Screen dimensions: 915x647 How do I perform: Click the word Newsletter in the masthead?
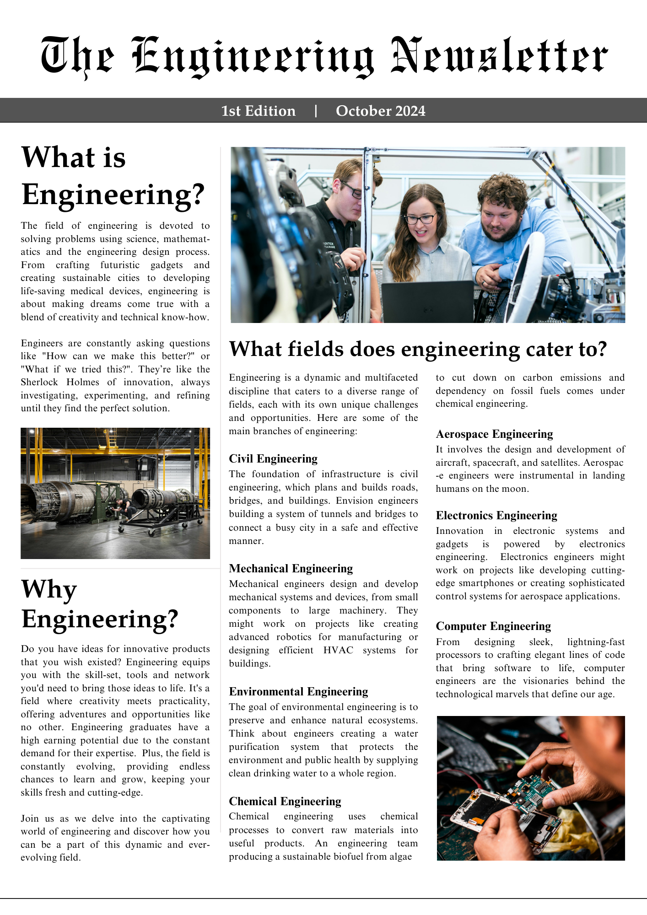click(x=500, y=56)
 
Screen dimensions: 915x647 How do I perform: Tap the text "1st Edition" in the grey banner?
click(x=259, y=111)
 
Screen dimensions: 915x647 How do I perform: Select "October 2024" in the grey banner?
click(x=380, y=111)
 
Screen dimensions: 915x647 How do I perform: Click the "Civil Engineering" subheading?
click(x=273, y=459)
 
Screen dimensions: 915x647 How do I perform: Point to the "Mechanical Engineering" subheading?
click(x=291, y=569)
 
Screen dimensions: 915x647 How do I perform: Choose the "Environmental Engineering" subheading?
click(x=298, y=692)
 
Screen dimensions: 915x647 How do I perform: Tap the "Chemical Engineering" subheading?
click(x=285, y=802)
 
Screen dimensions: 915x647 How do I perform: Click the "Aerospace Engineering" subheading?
click(x=494, y=434)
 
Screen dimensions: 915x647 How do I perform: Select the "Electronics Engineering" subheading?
click(x=496, y=516)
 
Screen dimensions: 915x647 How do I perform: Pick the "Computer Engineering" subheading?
click(x=493, y=626)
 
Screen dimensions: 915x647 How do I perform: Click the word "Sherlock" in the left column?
click(x=39, y=382)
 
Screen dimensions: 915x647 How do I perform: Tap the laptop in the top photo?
click(x=428, y=302)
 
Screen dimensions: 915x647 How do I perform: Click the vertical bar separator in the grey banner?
click(x=316, y=111)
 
